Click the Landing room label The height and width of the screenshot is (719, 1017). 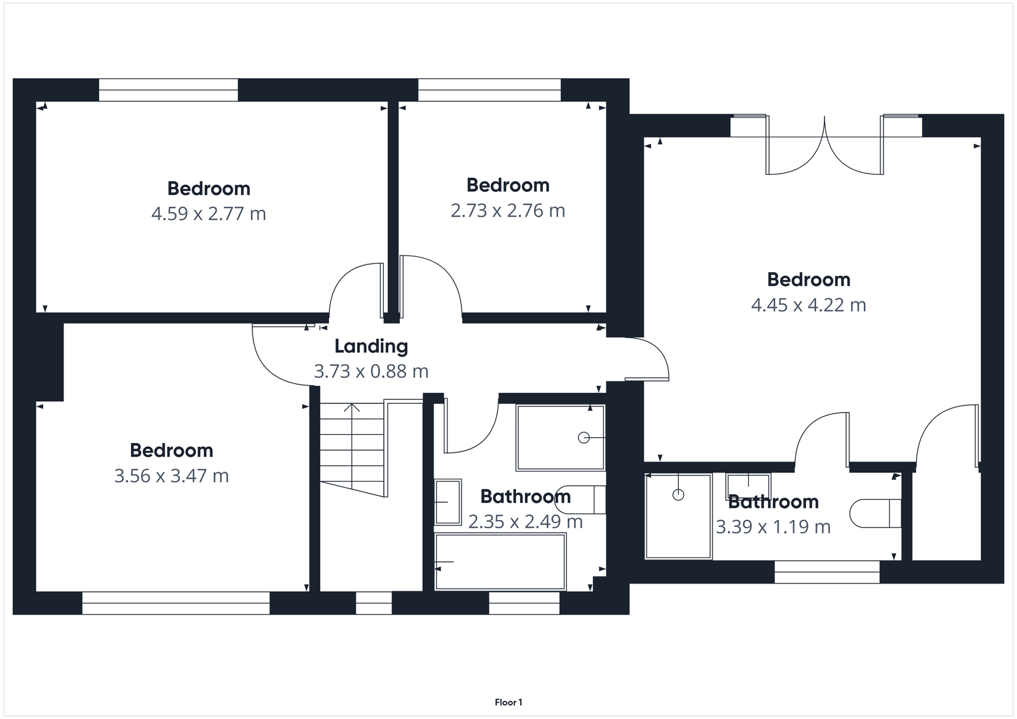pyautogui.click(x=371, y=346)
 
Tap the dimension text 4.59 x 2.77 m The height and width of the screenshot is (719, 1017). pyautogui.click(x=208, y=214)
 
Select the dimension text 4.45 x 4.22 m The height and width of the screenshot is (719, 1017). pyautogui.click(x=809, y=305)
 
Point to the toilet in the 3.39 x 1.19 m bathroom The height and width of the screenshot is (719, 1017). pyautogui.click(x=876, y=514)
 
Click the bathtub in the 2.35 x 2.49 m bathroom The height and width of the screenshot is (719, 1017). pyautogui.click(x=500, y=561)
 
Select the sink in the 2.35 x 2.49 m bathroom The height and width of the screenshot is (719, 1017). pyautogui.click(x=448, y=502)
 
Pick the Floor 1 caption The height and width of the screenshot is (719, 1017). pyautogui.click(x=508, y=702)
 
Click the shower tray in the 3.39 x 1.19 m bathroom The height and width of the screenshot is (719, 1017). pyautogui.click(x=678, y=516)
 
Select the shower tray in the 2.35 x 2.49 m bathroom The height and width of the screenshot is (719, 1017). pyautogui.click(x=560, y=437)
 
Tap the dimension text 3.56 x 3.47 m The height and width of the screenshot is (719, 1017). pyautogui.click(x=172, y=476)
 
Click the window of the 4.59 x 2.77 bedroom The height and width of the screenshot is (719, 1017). pyautogui.click(x=168, y=90)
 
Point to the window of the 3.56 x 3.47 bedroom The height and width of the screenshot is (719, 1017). pyautogui.click(x=176, y=603)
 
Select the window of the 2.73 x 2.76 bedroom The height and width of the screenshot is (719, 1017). pyautogui.click(x=489, y=90)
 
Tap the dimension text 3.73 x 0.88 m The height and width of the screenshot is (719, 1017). pyautogui.click(x=371, y=371)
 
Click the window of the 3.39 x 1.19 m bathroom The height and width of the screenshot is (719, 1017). pyautogui.click(x=827, y=572)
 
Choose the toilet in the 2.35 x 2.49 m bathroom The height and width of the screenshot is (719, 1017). pyautogui.click(x=582, y=499)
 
